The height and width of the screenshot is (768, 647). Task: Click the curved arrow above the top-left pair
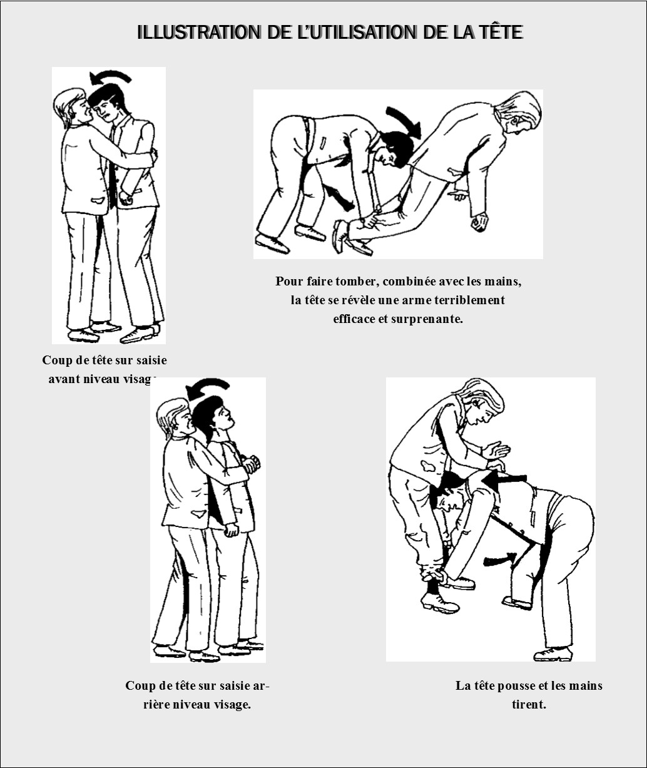pos(110,77)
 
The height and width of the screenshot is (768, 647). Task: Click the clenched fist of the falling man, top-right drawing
pos(480,222)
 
